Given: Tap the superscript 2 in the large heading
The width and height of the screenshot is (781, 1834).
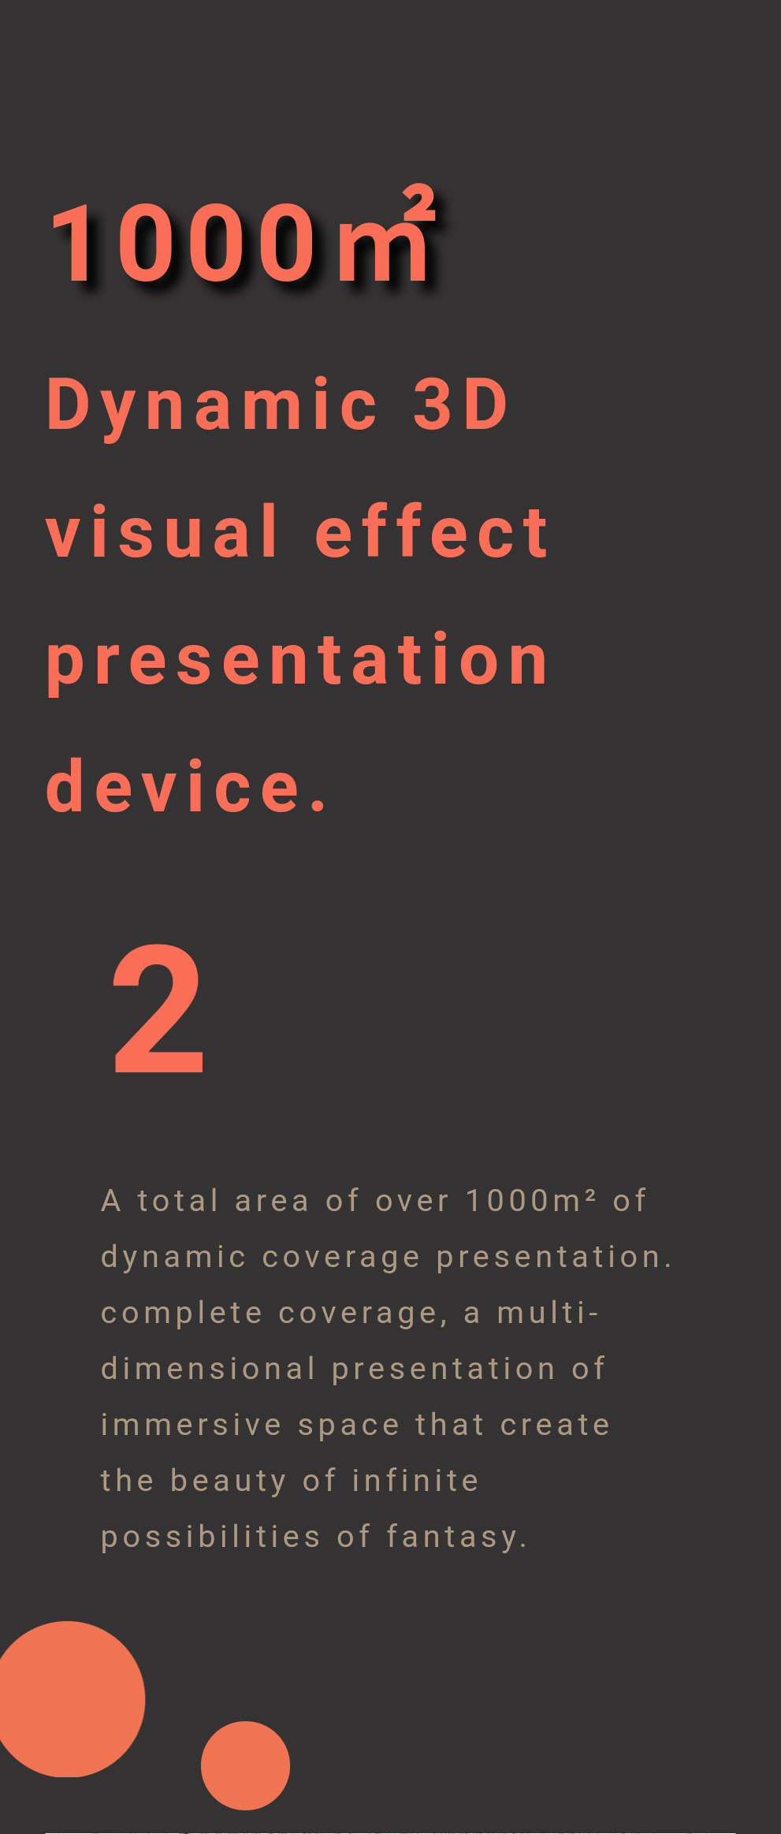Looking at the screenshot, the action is point(419,203).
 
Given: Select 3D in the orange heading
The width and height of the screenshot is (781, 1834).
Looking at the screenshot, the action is point(461,404).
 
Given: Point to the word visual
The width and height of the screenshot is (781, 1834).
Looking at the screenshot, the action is point(162,531).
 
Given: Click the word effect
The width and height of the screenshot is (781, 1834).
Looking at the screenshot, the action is point(432,531).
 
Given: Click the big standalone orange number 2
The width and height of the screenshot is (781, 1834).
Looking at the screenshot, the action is point(159,1009).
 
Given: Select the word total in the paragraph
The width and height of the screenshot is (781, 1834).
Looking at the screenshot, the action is point(178,1201).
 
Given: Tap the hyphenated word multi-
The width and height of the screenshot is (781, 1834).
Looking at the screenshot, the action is point(548,1313).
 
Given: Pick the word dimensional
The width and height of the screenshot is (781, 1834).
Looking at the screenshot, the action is point(209,1369).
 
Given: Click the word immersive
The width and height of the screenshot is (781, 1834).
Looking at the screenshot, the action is point(192,1425).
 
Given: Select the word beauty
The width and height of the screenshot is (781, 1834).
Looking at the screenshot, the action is point(229,1482).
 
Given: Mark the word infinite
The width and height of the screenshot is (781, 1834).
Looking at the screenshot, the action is point(415,1480).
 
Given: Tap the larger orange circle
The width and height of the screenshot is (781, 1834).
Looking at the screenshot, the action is point(69,1699).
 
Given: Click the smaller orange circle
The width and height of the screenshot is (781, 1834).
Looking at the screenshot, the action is point(245,1765).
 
